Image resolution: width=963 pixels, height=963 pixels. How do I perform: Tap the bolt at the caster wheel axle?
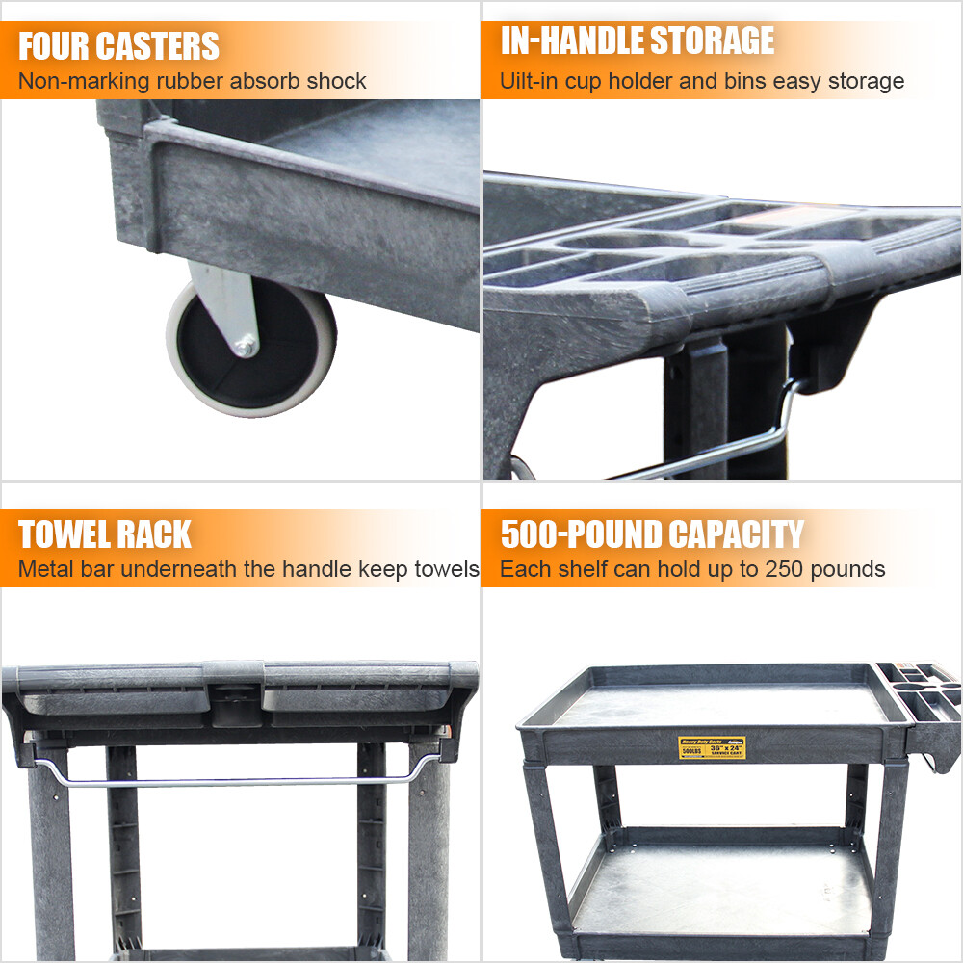247,345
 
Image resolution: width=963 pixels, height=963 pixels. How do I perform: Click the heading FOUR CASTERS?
118,45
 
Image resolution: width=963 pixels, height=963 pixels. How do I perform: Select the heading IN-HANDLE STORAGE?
637,40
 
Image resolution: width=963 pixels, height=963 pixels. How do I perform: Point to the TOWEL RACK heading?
105,534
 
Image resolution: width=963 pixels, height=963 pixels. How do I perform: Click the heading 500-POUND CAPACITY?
651,534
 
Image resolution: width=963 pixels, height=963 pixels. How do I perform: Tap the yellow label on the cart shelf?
712,747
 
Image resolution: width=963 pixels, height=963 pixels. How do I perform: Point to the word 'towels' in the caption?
448,569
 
